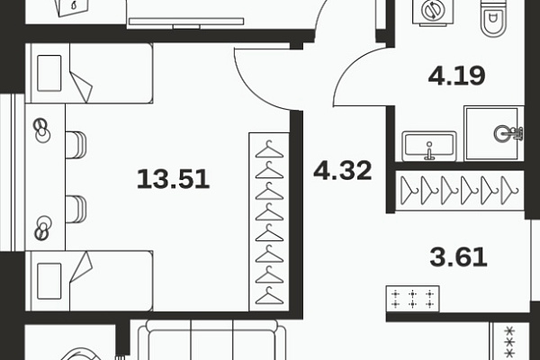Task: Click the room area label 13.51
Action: [173, 179]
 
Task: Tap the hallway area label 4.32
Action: [343, 170]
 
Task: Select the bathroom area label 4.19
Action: [456, 76]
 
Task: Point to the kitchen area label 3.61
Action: [458, 257]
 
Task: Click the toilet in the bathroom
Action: [493, 18]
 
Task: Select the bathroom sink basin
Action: [429, 147]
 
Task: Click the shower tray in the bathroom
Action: [494, 133]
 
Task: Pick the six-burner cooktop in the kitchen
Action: [412, 299]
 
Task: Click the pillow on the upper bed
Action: [49, 73]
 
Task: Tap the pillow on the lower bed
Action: [49, 281]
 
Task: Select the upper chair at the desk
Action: [76, 145]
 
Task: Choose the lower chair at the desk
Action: [76, 209]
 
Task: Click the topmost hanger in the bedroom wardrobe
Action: [269, 149]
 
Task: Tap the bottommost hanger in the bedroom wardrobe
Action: [269, 295]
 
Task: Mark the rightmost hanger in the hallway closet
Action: [509, 191]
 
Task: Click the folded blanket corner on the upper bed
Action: [82, 86]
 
